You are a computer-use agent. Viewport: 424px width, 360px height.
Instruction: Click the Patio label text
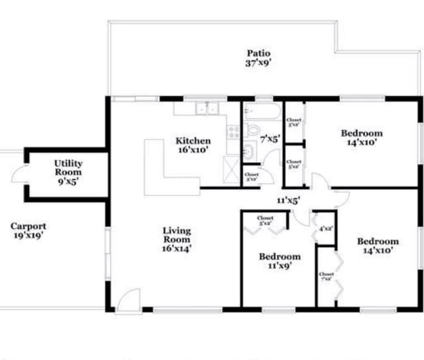pyautogui.click(x=258, y=58)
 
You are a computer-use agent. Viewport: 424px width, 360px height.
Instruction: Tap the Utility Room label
pyautogui.click(x=68, y=171)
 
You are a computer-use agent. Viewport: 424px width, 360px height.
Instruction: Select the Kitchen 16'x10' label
pyautogui.click(x=193, y=145)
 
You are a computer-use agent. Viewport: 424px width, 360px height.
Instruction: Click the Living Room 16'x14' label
pyautogui.click(x=177, y=240)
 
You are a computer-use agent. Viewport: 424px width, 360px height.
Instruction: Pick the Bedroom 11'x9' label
pyautogui.click(x=279, y=261)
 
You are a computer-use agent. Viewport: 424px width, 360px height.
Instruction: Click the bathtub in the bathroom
pyautogui.click(x=262, y=110)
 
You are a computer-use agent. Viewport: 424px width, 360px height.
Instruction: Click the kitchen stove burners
pyautogui.click(x=233, y=131)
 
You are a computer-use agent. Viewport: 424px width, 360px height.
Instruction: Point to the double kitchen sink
pyautogui.click(x=207, y=109)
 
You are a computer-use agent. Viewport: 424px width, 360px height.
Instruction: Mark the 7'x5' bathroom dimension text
pyautogui.click(x=270, y=139)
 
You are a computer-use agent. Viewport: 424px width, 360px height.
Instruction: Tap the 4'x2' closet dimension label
pyautogui.click(x=325, y=229)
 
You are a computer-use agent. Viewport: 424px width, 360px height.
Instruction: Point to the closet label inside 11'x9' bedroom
pyautogui.click(x=265, y=220)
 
